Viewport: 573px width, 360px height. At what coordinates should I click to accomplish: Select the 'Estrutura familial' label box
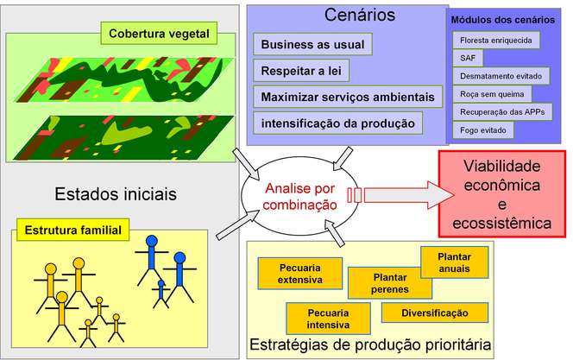pyautogui.click(x=72, y=231)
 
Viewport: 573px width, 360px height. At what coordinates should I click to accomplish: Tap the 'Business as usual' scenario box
pyautogui.click(x=312, y=44)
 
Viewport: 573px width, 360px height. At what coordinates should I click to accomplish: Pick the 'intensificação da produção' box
pyautogui.click(x=337, y=123)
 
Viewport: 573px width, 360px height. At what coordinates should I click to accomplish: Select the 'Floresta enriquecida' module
pyautogui.click(x=496, y=40)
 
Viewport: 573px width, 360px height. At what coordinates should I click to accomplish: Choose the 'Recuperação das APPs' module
pyautogui.click(x=501, y=112)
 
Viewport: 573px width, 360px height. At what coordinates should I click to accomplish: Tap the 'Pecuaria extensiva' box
pyautogui.click(x=300, y=273)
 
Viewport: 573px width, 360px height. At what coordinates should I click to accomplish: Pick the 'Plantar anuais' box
pyautogui.click(x=454, y=262)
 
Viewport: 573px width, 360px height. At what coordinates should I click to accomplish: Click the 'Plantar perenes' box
pyautogui.click(x=390, y=283)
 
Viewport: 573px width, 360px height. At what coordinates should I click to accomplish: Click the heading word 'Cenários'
pyautogui.click(x=360, y=15)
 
